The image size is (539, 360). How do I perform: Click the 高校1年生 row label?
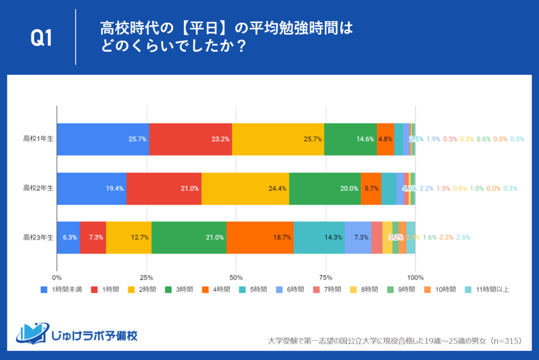coord(38,139)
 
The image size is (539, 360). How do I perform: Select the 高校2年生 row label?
coord(38,188)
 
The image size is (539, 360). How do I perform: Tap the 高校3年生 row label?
coord(38,237)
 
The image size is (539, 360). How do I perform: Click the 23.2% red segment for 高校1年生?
coord(191,139)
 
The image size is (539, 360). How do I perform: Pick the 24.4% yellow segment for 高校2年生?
coord(245,188)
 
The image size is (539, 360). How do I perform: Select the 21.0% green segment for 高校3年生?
coord(188,237)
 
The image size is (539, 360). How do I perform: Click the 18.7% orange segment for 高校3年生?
coord(260,237)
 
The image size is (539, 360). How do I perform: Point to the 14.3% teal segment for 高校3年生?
coord(319,237)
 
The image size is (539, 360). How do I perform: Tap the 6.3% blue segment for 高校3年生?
coord(68,237)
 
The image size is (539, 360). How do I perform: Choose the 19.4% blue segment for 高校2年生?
coord(91,188)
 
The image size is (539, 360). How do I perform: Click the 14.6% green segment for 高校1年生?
coord(350,139)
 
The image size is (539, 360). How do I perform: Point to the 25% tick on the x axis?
coord(146,277)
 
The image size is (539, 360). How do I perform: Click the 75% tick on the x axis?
coord(326,277)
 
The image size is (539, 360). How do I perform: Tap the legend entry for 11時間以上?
coord(489,289)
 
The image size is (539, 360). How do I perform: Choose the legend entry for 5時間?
coord(257,289)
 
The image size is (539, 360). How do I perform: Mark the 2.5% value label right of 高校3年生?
coord(463,237)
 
